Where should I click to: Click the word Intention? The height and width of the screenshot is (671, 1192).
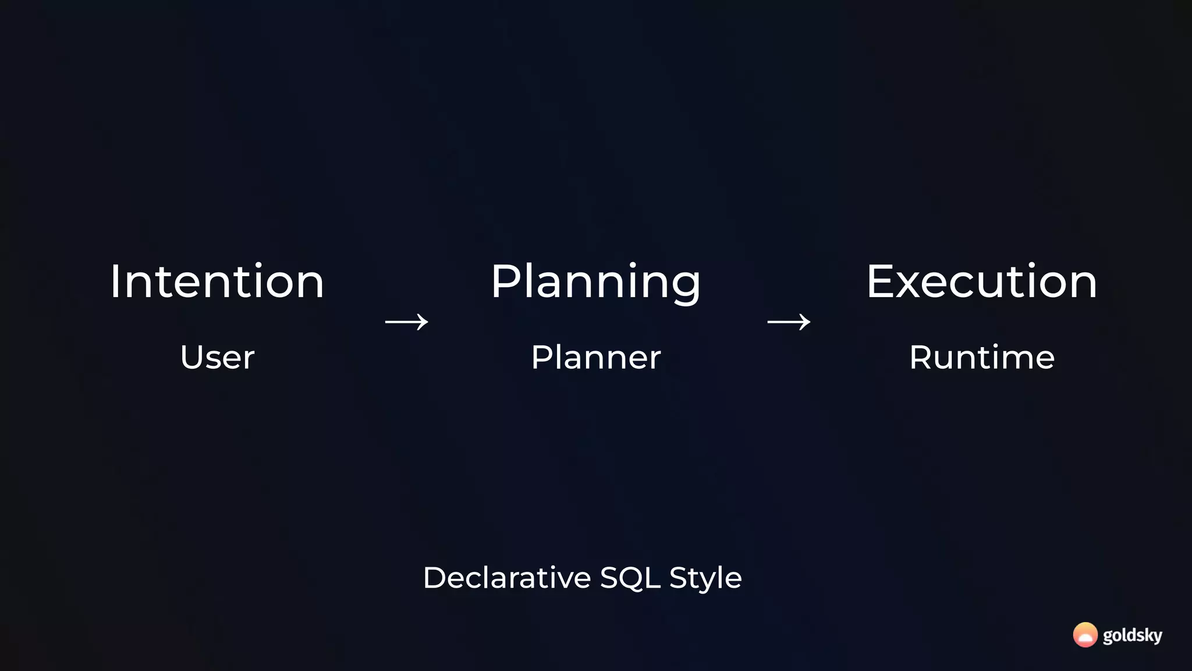coord(217,282)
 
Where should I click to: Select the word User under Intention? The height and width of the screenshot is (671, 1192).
coord(217,357)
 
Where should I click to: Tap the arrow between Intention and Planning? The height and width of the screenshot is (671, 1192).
coord(406,322)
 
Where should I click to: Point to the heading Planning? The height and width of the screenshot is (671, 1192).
coord(595,282)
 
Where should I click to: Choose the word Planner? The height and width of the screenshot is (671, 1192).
coord(595,357)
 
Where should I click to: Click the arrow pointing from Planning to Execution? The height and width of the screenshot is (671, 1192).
coord(789,322)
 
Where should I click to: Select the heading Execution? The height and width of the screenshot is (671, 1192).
coord(981,282)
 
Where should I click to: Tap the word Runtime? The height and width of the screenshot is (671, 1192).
coord(981,357)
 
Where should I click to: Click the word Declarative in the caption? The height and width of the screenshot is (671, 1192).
coord(507,578)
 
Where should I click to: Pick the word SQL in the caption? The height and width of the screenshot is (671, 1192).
coord(630,578)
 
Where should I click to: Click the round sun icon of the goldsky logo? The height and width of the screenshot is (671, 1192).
coord(1085,635)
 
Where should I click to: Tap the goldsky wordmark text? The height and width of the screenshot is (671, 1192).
coord(1132,635)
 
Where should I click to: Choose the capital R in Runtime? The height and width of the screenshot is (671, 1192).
coord(921,357)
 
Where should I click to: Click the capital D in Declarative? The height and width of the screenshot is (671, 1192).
coord(434,578)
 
